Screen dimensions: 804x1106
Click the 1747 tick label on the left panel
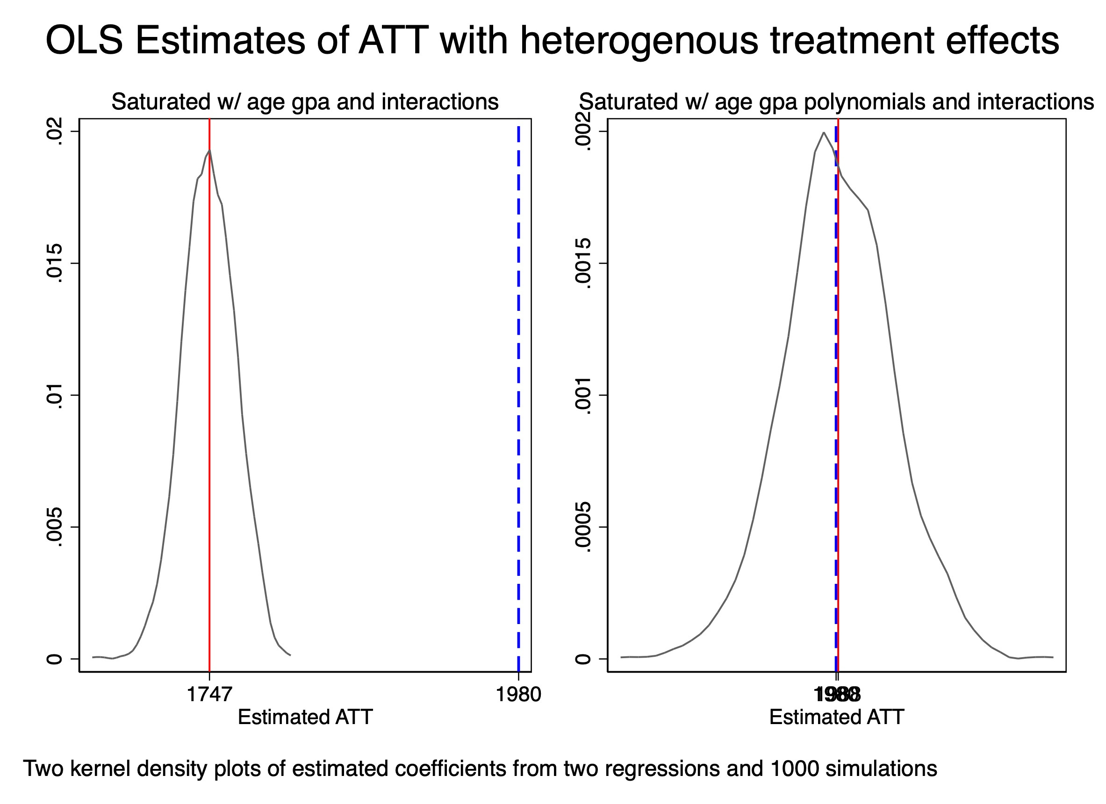(209, 694)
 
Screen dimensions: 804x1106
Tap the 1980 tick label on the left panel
(518, 694)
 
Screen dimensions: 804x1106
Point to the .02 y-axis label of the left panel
(54, 131)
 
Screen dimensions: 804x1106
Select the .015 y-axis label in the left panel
(54, 263)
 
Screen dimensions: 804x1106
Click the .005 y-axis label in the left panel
(54, 527)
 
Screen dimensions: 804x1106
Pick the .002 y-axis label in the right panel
(583, 131)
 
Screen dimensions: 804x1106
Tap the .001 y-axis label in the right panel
(583, 395)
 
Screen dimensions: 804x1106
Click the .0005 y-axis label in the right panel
(583, 527)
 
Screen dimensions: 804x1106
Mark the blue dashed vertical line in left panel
(518, 390)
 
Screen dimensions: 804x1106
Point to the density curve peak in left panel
(209, 151)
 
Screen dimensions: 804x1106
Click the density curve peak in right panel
(824, 133)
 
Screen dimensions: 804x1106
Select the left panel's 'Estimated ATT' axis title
(305, 717)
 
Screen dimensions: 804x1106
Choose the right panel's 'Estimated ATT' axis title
(836, 717)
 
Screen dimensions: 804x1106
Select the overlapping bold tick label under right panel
(837, 694)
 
